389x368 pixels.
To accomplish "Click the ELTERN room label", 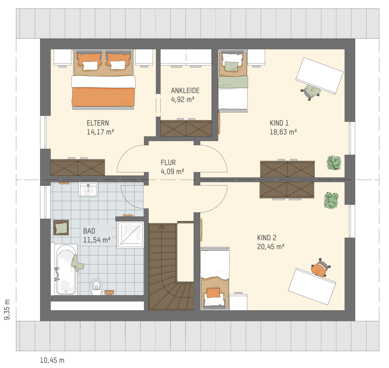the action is (98, 123).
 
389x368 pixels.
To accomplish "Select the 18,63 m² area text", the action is (283, 132).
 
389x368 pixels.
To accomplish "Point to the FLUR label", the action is (168, 163).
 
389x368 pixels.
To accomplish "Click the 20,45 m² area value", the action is (271, 247).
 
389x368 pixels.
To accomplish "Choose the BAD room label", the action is (89, 231).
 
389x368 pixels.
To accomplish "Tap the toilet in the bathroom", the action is (96, 287).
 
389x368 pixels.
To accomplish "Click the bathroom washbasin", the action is (88, 190).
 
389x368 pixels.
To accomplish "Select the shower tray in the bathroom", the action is (130, 235).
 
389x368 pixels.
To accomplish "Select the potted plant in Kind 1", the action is (334, 163).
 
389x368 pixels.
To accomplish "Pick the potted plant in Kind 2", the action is (331, 201).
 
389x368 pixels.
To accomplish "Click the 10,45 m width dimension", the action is (52, 360).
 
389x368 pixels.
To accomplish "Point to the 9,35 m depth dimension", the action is (7, 310).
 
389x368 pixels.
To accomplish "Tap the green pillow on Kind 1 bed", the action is (231, 66).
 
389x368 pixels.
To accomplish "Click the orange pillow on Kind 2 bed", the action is (213, 293).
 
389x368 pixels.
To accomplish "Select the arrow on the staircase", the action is (161, 227).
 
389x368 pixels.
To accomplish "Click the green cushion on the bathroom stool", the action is (61, 228).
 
